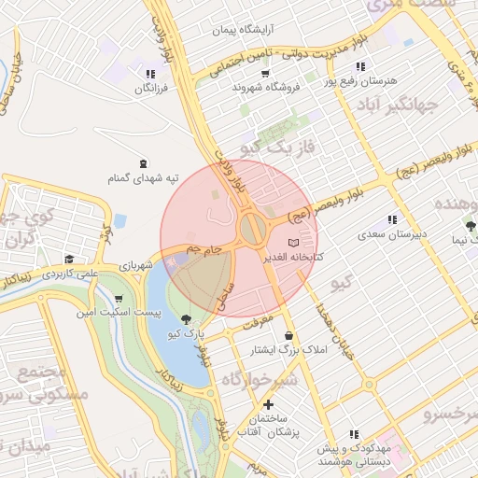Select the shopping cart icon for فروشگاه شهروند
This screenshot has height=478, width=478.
[266, 74]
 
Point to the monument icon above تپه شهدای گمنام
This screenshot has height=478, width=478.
[142, 162]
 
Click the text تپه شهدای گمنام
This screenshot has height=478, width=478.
[142, 176]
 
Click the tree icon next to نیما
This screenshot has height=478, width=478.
[471, 226]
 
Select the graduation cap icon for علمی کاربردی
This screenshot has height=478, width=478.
[68, 260]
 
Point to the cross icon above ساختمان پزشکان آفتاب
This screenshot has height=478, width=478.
[269, 404]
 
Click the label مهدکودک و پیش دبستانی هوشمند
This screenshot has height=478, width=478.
[352, 455]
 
